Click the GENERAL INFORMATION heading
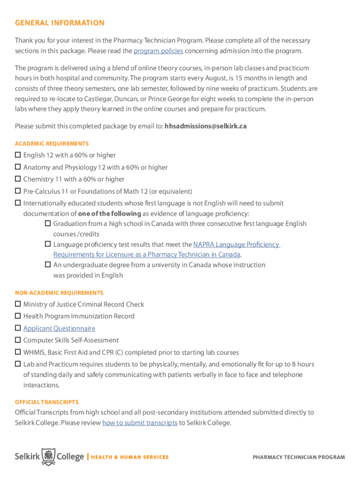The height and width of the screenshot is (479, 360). [59, 23]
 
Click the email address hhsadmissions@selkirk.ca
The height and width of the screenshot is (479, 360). [205, 126]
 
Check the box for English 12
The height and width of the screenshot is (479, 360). [18, 155]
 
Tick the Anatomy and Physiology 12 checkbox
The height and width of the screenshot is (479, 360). [18, 167]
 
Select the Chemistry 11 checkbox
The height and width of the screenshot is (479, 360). [18, 179]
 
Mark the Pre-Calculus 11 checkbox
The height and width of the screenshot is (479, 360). [18, 191]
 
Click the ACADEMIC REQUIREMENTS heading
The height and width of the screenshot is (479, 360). [51, 144]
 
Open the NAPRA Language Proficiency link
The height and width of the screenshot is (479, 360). [236, 244]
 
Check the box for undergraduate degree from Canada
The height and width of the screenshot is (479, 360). [48, 264]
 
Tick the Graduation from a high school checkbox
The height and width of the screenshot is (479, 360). [48, 224]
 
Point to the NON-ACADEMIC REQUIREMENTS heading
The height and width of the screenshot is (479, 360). [59, 293]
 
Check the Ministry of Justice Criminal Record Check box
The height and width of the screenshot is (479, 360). [18, 304]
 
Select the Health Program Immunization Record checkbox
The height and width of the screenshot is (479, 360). [18, 316]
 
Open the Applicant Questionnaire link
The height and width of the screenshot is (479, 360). [59, 328]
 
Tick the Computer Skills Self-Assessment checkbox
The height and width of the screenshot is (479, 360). [18, 340]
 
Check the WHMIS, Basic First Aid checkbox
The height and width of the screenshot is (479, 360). [18, 352]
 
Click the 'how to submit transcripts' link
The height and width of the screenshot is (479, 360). [139, 423]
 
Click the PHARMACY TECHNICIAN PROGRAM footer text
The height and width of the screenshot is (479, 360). [299, 457]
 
